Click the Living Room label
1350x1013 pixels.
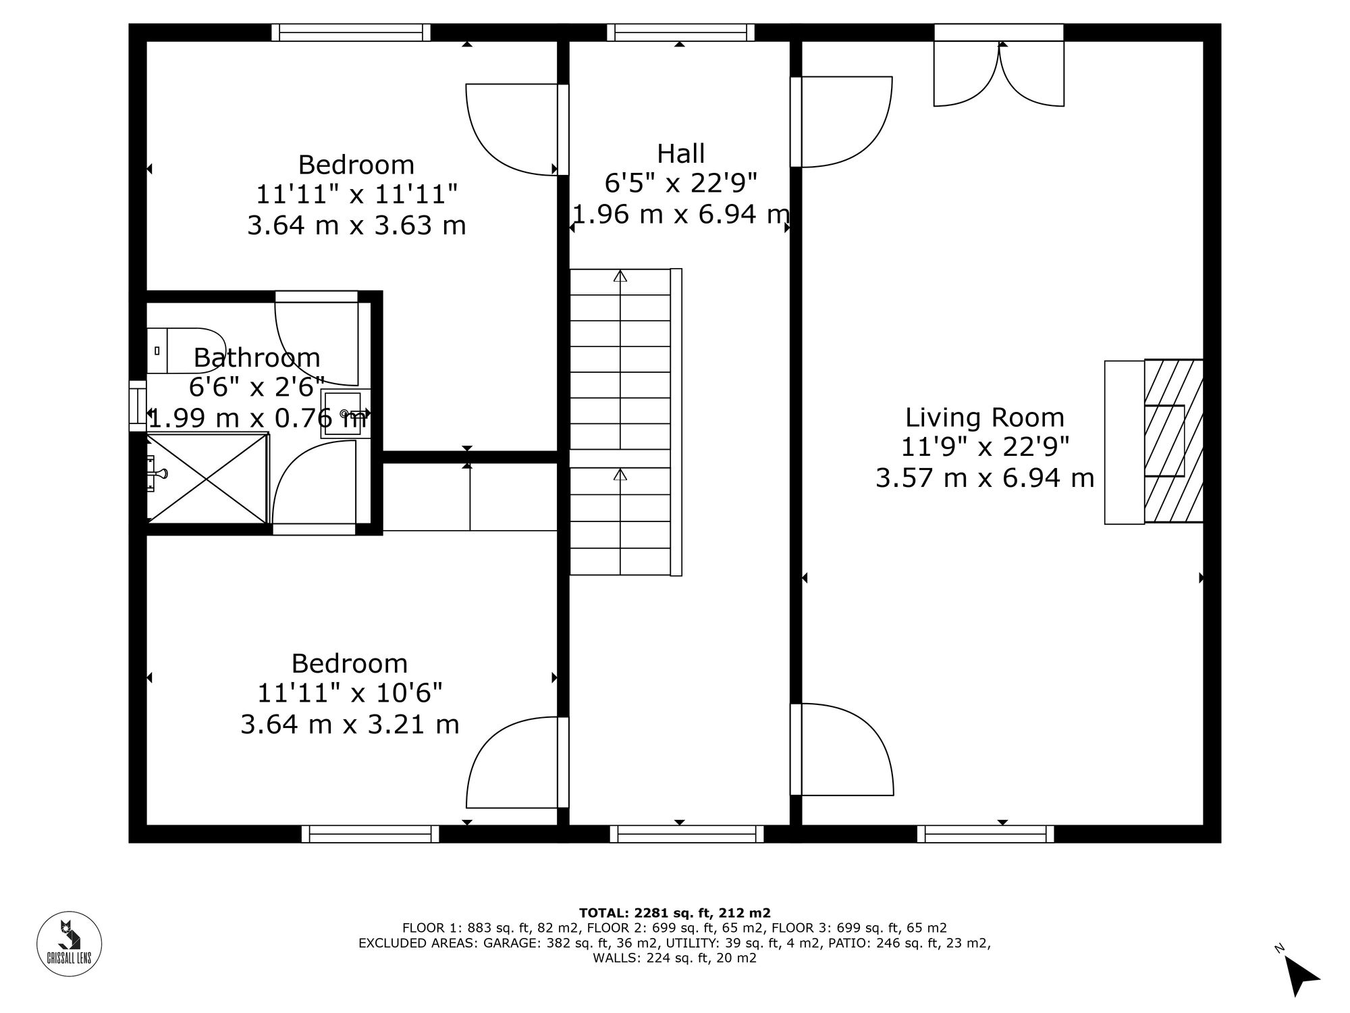point(984,417)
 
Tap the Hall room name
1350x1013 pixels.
point(680,153)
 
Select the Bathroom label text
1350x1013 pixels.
point(256,357)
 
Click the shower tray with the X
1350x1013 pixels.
point(207,478)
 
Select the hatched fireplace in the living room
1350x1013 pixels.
point(1173,441)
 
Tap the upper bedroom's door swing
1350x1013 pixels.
point(506,128)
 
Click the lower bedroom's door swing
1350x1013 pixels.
point(508,763)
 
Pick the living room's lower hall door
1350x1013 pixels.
point(844,750)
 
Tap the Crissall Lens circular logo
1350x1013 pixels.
point(69,944)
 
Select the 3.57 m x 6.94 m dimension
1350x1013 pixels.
point(984,478)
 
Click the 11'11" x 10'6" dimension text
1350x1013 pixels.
point(350,693)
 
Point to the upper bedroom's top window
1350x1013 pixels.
point(351,32)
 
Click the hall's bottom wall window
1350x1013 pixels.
point(686,834)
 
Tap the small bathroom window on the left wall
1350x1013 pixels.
point(138,405)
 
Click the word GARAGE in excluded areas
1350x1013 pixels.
point(506,943)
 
